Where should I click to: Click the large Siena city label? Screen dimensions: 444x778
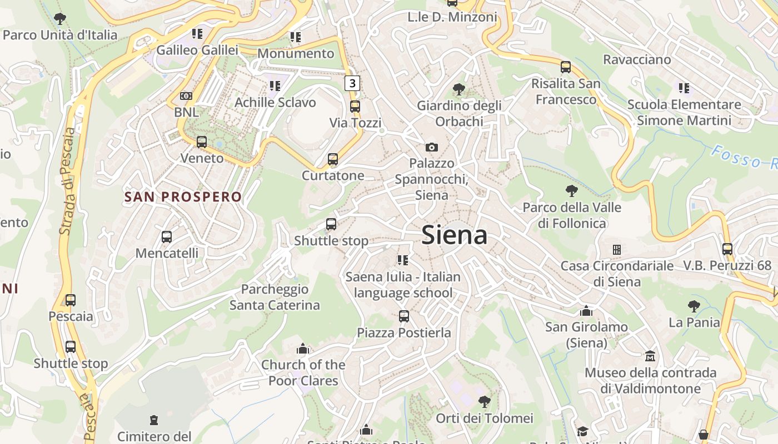click(455, 235)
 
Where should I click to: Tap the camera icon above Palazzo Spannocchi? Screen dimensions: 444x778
click(431, 147)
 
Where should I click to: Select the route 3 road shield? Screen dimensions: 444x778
click(352, 83)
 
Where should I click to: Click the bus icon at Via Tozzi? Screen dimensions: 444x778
click(355, 106)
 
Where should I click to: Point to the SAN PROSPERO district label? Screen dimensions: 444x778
click(183, 197)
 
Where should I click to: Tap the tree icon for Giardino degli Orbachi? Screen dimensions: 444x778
click(459, 89)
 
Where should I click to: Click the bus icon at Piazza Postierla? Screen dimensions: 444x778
click(404, 316)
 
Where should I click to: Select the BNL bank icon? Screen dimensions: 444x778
click(186, 96)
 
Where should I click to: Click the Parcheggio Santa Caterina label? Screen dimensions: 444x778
click(275, 297)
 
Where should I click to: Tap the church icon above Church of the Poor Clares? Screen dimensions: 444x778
click(303, 349)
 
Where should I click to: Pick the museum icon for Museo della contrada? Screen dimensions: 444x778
click(650, 356)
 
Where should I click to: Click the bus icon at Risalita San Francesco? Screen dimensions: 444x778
click(566, 67)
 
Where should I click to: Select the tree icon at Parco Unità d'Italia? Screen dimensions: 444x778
click(59, 19)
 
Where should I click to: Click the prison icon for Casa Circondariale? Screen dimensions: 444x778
click(616, 249)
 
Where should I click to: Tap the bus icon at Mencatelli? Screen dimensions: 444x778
click(166, 237)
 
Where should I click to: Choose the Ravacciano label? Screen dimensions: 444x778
click(637, 59)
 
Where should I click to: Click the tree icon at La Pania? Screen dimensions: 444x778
click(694, 306)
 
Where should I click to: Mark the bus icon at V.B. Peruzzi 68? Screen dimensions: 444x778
click(727, 249)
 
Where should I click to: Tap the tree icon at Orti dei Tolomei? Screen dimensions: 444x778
click(485, 401)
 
